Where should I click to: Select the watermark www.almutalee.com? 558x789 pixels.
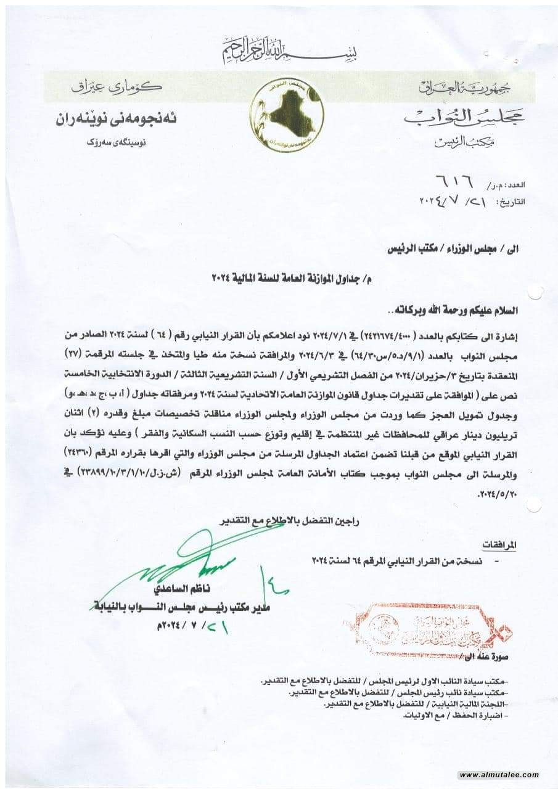pyautogui.click(x=499, y=774)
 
